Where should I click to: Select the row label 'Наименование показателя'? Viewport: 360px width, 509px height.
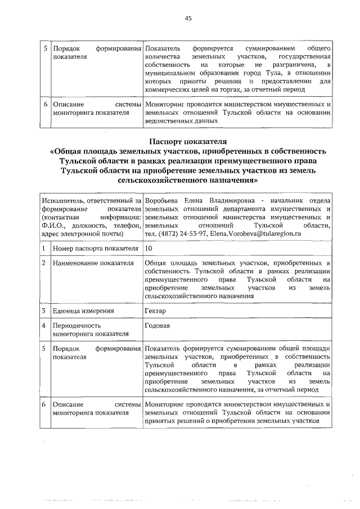[92, 263]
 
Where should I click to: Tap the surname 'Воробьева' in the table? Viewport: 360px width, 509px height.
[160, 201]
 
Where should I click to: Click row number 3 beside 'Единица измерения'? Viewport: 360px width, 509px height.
[44, 310]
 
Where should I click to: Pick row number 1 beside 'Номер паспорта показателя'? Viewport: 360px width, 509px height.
[44, 247]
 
